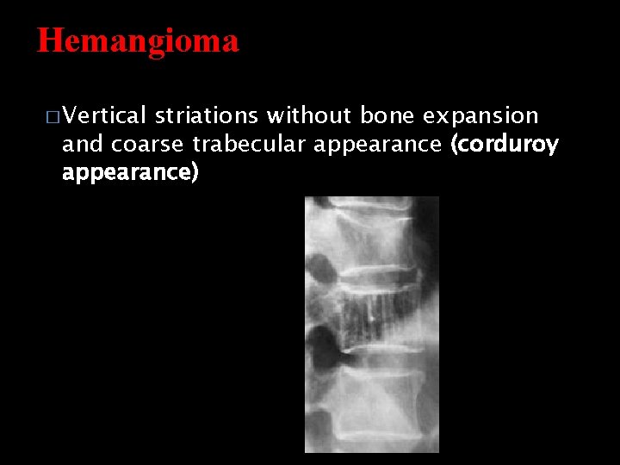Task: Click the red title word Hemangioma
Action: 138,40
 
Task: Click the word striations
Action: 207,115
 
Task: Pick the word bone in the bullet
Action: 384,115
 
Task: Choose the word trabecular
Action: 249,144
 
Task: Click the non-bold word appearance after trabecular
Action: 377,144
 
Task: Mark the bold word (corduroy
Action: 504,144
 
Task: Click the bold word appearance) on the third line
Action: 130,172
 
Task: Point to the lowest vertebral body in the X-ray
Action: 375,405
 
